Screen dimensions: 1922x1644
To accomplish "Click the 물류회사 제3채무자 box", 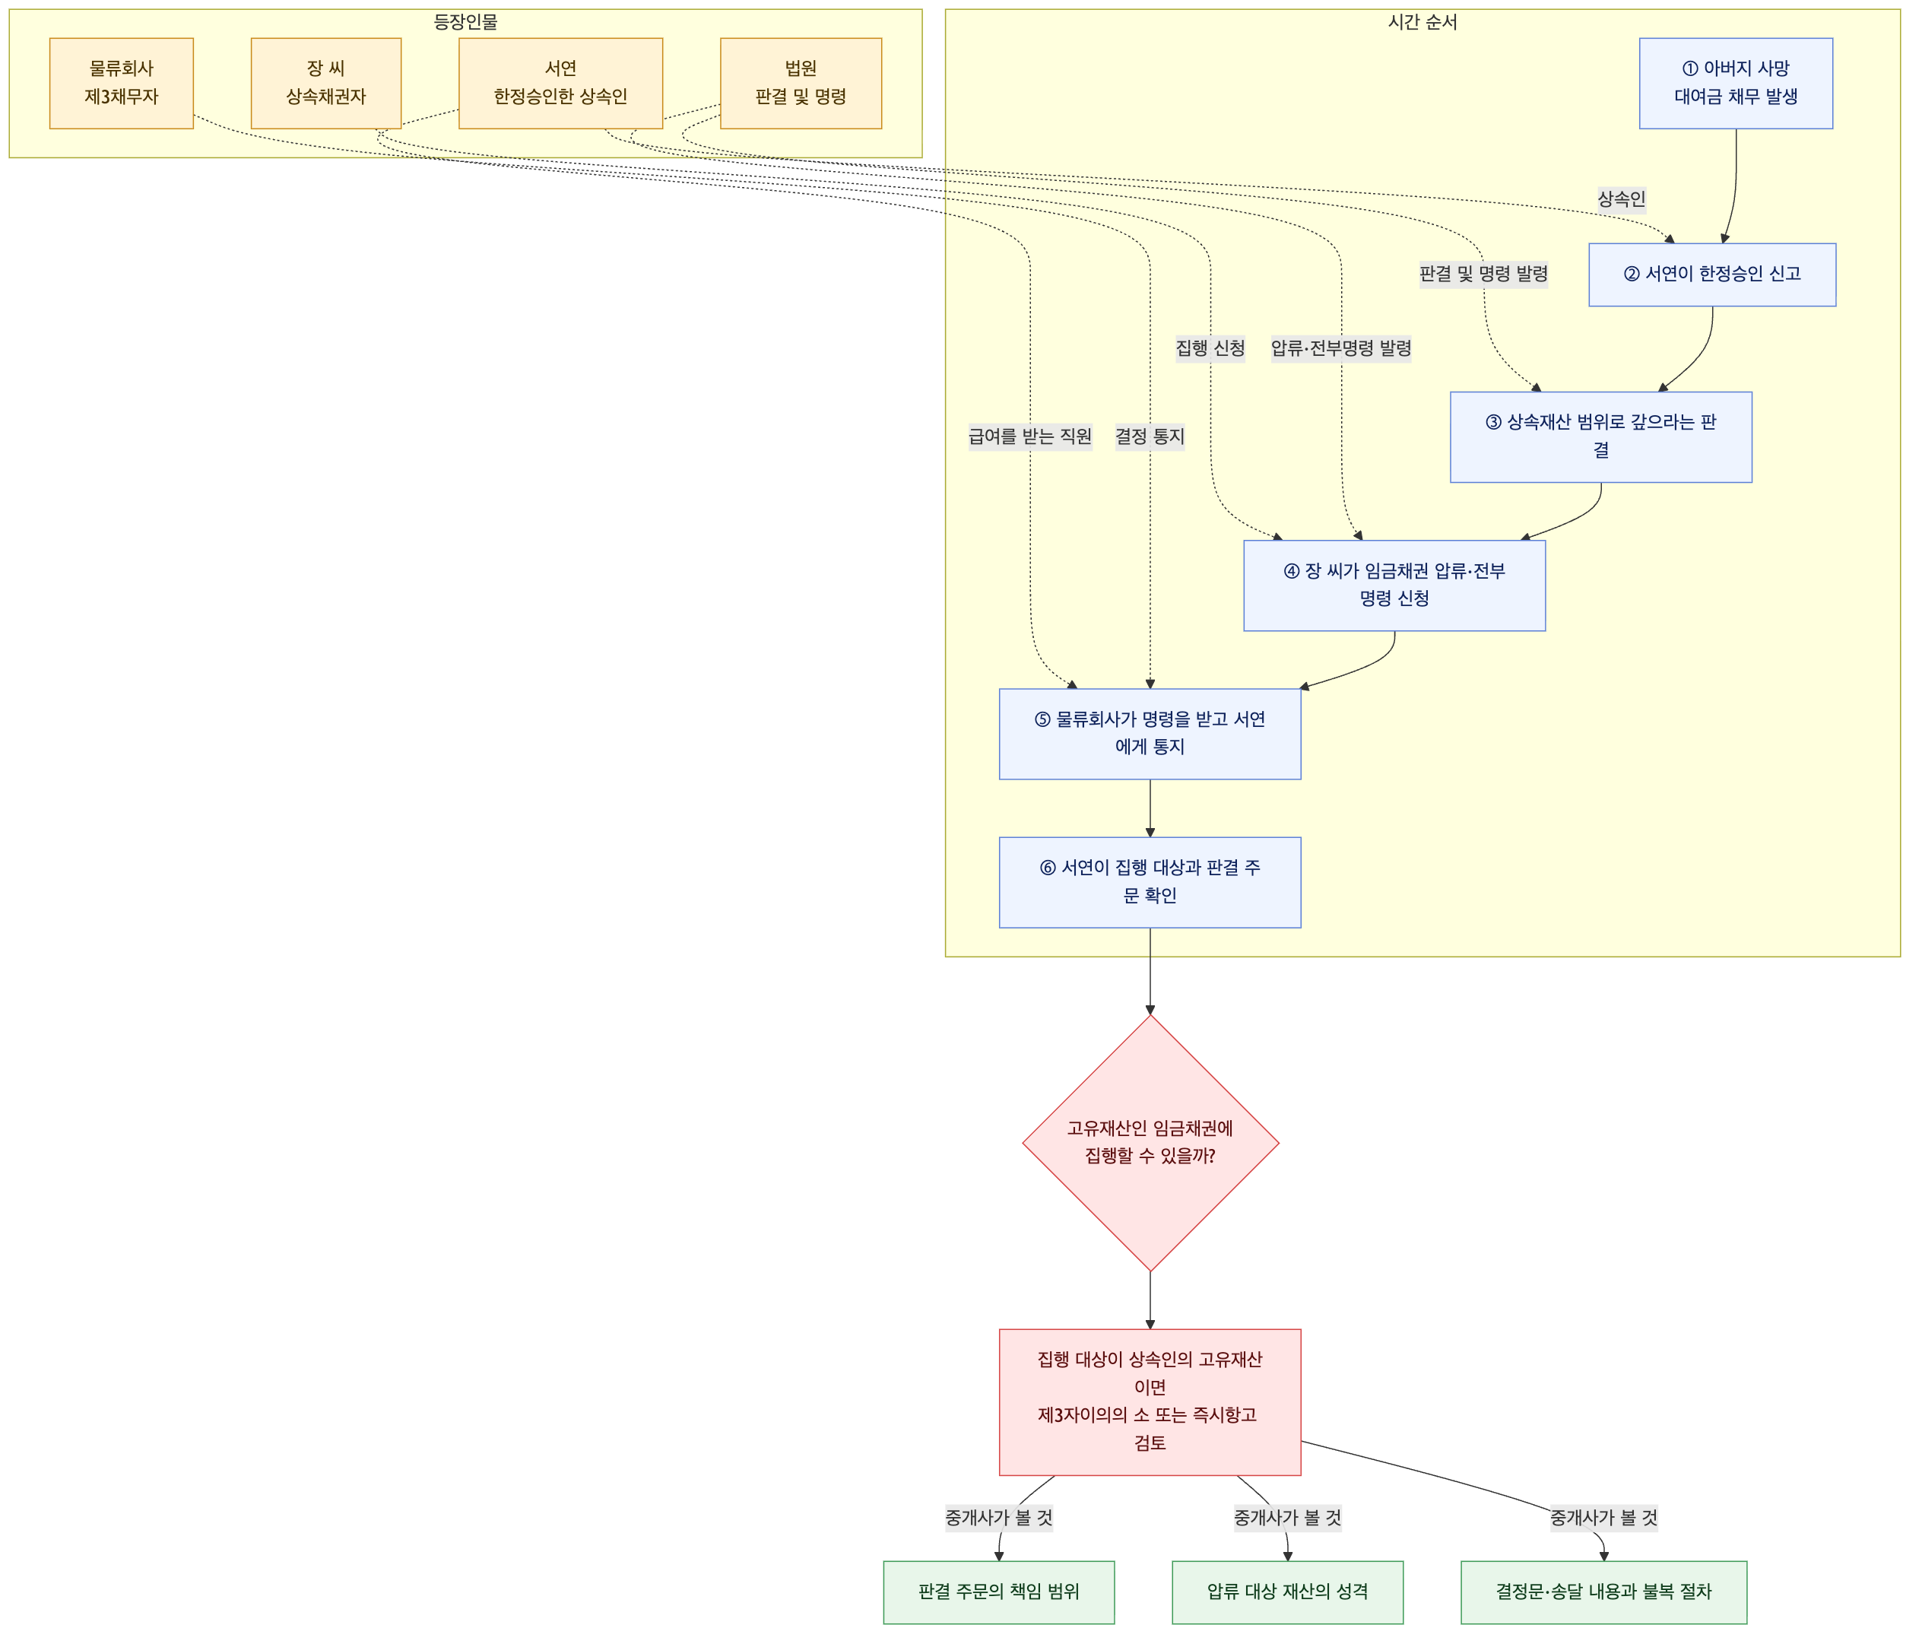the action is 122,84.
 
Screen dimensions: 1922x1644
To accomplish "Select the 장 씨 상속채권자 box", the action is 325,84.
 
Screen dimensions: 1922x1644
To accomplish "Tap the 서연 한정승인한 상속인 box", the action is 560,84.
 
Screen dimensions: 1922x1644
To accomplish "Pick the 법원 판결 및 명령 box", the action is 801,84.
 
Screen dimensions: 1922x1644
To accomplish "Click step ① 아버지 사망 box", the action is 1736,84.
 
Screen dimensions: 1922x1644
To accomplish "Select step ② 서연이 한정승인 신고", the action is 1711,275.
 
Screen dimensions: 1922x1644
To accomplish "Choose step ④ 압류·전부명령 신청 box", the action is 1394,586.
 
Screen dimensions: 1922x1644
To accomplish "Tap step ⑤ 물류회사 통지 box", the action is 1150,734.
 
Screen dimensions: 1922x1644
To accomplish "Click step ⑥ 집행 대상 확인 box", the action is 1150,882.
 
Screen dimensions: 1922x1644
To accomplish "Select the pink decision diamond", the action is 1150,1143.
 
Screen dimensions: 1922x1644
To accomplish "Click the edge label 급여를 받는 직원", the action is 1029,436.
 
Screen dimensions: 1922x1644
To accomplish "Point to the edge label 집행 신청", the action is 1210,348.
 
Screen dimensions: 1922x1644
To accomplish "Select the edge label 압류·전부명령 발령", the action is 1341,348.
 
